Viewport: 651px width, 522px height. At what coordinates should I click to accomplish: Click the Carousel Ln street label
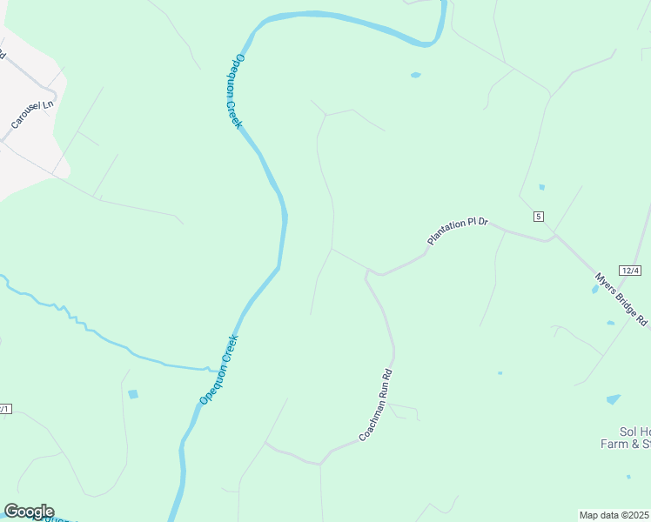[x=32, y=114]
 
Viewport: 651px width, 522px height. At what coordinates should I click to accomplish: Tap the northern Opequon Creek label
[x=238, y=91]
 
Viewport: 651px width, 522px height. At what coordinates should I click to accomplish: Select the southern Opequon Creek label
[x=218, y=370]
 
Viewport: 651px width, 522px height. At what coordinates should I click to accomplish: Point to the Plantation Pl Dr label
[x=459, y=230]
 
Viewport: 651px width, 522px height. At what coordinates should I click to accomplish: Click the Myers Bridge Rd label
[x=621, y=299]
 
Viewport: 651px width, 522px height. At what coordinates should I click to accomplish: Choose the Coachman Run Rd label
[x=376, y=405]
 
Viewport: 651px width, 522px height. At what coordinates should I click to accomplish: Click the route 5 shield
[x=539, y=216]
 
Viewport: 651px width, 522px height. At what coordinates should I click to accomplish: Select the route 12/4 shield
[x=631, y=271]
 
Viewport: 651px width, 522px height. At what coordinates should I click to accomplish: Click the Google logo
[x=29, y=512]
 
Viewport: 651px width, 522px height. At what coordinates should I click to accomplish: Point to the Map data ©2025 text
[x=614, y=515]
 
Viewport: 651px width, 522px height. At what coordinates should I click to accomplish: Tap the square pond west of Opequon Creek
[x=132, y=394]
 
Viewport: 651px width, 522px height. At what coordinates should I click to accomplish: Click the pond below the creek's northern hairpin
[x=415, y=75]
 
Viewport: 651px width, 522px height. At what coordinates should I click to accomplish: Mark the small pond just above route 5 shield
[x=541, y=187]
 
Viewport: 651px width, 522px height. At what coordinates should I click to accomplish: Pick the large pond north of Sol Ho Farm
[x=614, y=399]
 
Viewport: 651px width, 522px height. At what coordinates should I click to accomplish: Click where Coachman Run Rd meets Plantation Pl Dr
[x=370, y=272]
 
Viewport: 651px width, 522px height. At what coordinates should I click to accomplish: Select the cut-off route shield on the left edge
[x=4, y=408]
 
